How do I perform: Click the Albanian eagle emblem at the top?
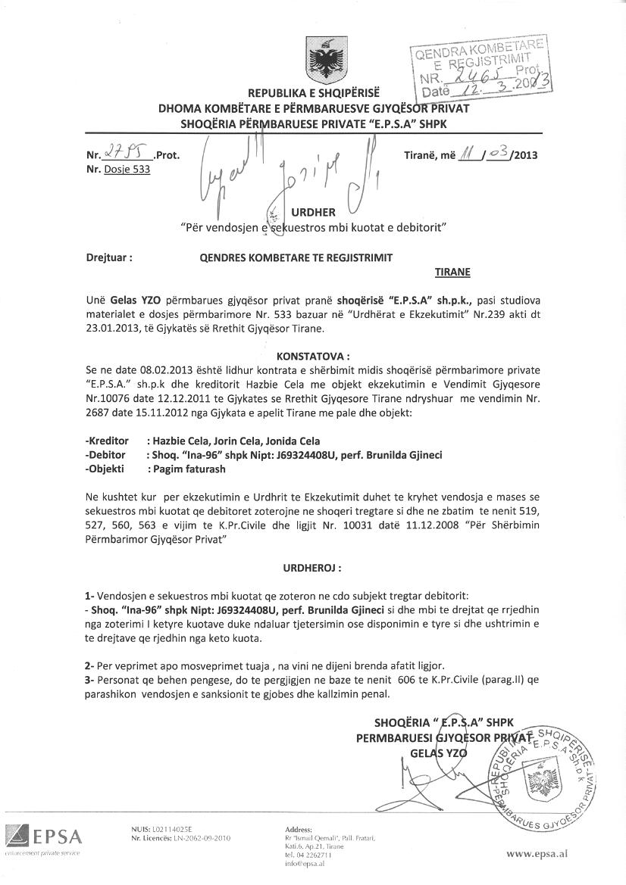point(324,58)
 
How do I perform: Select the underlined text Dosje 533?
point(127,170)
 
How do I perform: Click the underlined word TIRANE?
point(452,272)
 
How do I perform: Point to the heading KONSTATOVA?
point(313,355)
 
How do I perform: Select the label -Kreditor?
point(108,441)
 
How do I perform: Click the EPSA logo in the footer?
point(43,839)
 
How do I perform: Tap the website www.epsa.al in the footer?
point(537,853)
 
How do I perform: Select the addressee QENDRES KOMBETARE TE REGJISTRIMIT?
point(296,257)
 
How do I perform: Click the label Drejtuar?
point(110,257)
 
